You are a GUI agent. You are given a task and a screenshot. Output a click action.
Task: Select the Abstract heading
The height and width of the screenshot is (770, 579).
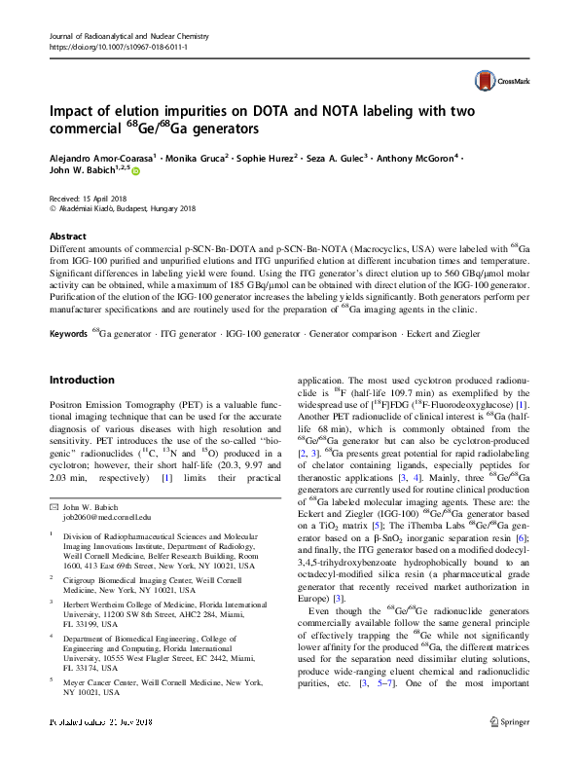[x=67, y=237]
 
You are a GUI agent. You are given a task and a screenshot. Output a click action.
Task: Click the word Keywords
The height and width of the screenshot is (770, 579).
[x=69, y=333]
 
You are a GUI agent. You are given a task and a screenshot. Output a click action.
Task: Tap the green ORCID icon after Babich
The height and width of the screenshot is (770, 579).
[x=135, y=171]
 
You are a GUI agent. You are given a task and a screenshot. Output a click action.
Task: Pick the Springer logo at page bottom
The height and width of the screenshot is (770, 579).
[x=507, y=750]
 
